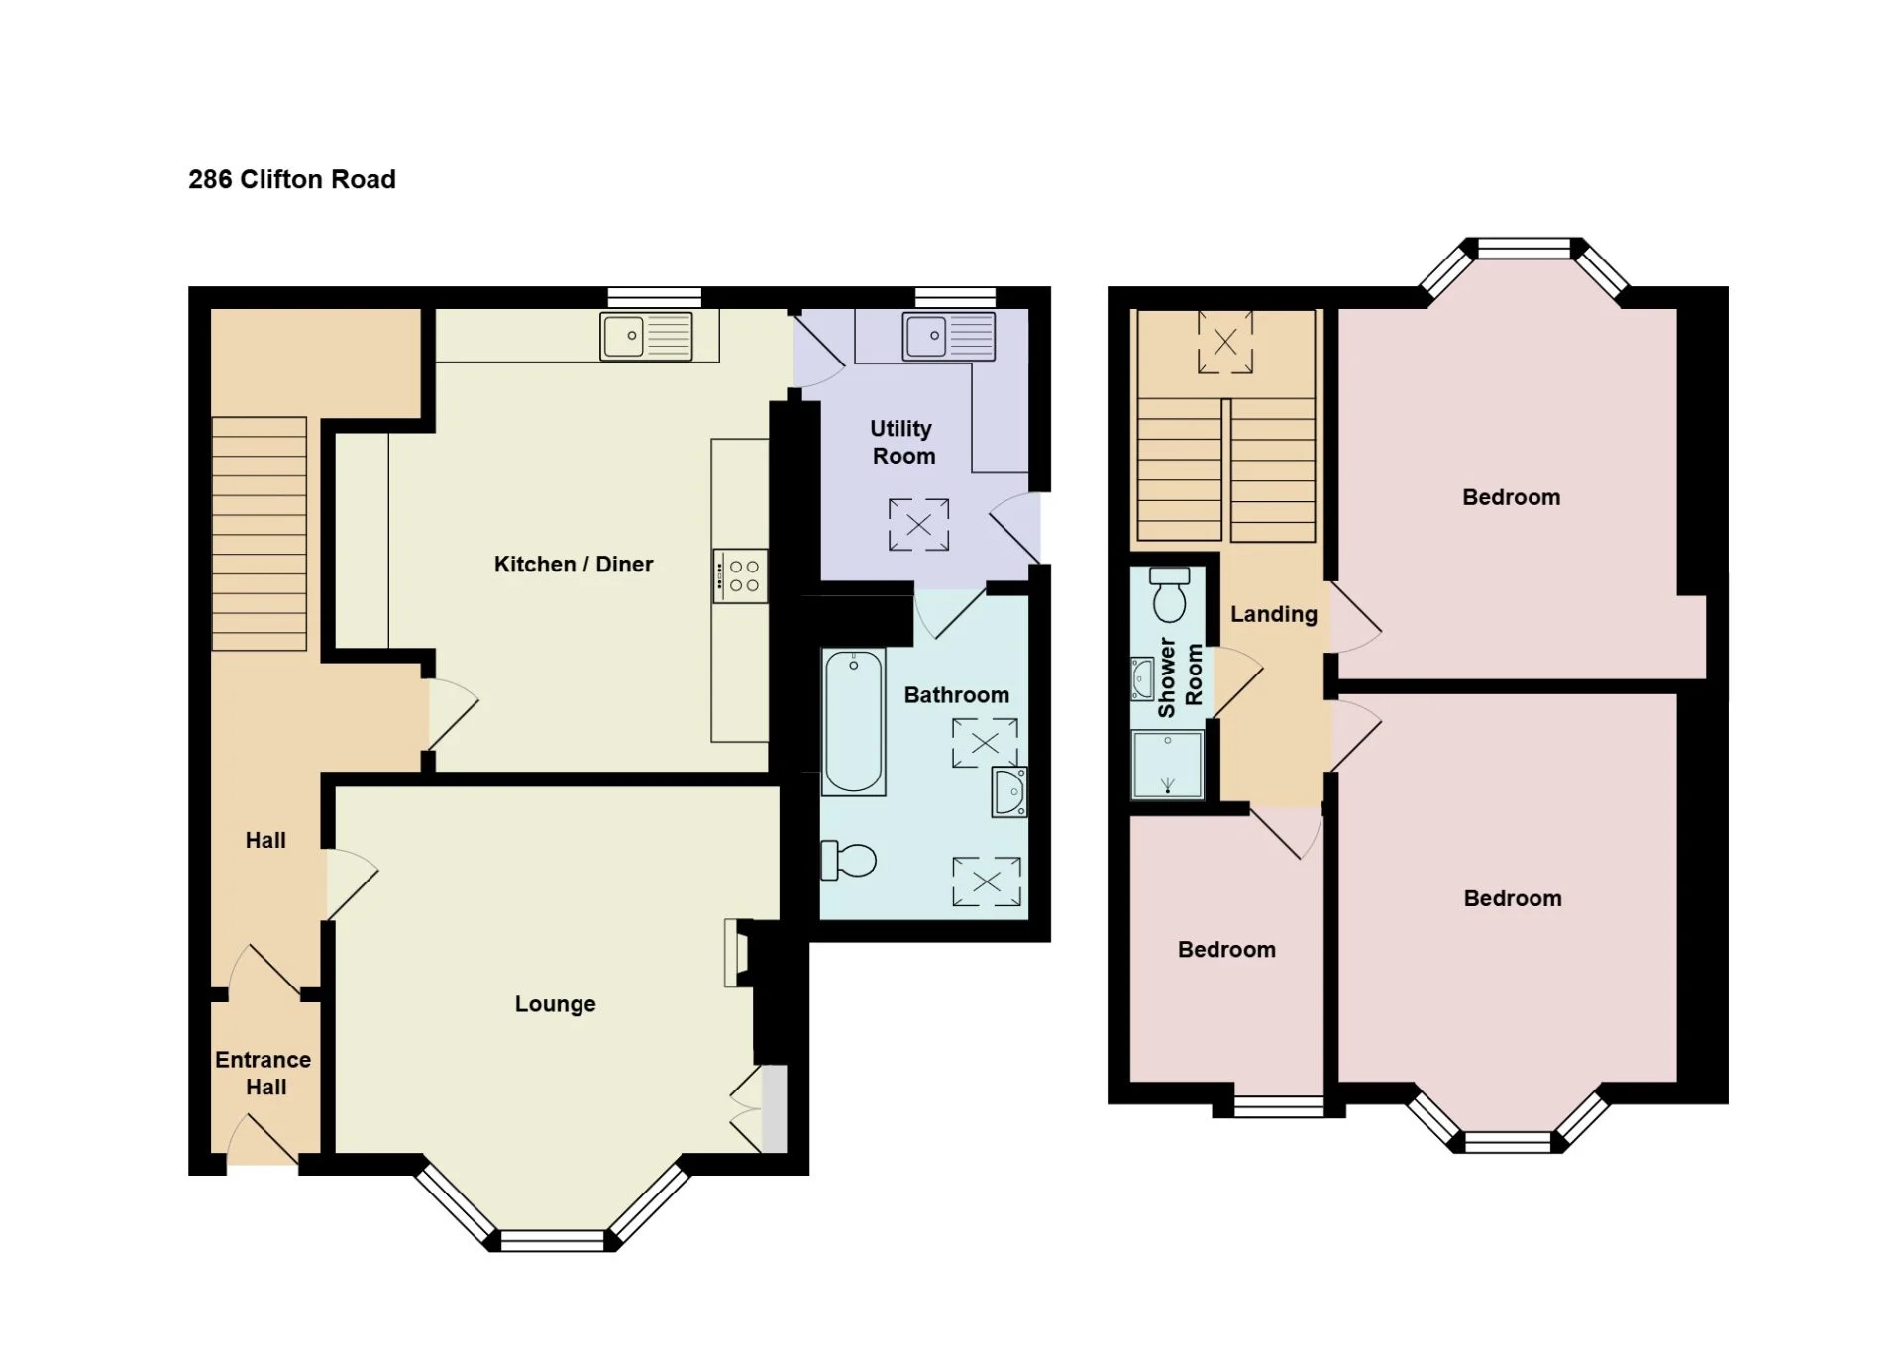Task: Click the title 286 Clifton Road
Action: (292, 179)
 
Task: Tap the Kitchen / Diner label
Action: (574, 565)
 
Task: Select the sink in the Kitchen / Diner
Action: (646, 336)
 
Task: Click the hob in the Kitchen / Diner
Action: (740, 576)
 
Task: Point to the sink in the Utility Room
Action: (949, 336)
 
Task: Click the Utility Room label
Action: (902, 442)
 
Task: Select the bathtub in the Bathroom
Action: (853, 722)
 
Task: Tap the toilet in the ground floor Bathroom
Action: (849, 860)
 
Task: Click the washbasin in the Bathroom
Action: (1009, 791)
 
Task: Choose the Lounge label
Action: (556, 1004)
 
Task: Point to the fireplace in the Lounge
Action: (736, 953)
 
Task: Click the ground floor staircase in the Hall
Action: (260, 534)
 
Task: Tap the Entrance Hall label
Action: (264, 1073)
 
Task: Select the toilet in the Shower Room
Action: (1170, 594)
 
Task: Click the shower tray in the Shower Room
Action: (1168, 764)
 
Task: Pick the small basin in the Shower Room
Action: (1142, 678)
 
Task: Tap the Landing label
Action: (1274, 614)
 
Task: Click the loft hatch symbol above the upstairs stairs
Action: (1225, 343)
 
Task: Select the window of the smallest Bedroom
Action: (1279, 1106)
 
